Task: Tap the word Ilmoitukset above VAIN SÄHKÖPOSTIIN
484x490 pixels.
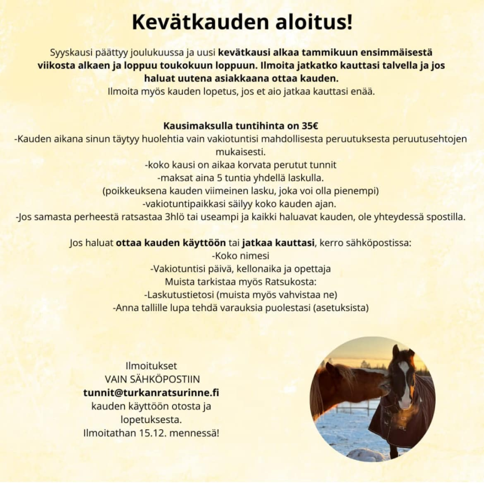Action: pos(151,366)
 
